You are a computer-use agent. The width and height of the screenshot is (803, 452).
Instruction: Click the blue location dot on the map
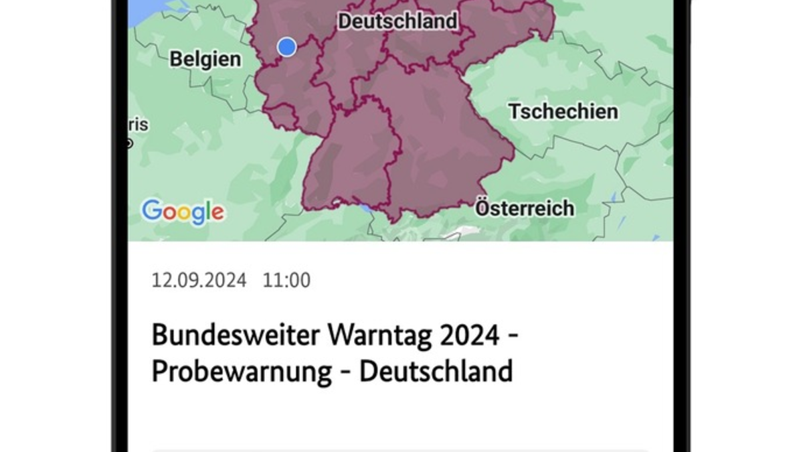click(x=287, y=47)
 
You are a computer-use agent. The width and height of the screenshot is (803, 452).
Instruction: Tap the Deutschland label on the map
click(x=397, y=21)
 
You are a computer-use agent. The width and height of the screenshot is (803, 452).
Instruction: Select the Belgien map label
click(x=205, y=59)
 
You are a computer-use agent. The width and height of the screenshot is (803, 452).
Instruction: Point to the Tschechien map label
click(x=563, y=111)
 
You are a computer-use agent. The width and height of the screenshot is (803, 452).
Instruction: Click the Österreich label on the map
click(x=525, y=208)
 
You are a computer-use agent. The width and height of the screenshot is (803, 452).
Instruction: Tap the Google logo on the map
click(x=183, y=212)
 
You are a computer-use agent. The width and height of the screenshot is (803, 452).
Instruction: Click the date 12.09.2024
click(x=199, y=280)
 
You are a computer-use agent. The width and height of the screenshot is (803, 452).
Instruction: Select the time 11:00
click(x=286, y=280)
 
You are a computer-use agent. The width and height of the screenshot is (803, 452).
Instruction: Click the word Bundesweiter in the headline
click(x=236, y=335)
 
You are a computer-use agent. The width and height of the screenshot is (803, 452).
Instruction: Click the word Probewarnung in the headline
click(x=242, y=371)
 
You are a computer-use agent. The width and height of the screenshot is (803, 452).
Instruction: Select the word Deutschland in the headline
click(x=436, y=371)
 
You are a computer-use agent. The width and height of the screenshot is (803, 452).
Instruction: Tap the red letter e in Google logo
click(x=217, y=214)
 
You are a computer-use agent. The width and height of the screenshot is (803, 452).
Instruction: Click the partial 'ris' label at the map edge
click(x=139, y=125)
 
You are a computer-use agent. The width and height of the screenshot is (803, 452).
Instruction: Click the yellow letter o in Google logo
click(x=181, y=214)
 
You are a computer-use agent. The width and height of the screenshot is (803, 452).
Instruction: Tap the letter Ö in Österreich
click(x=483, y=208)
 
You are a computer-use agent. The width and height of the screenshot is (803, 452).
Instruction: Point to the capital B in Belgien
click(x=175, y=59)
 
